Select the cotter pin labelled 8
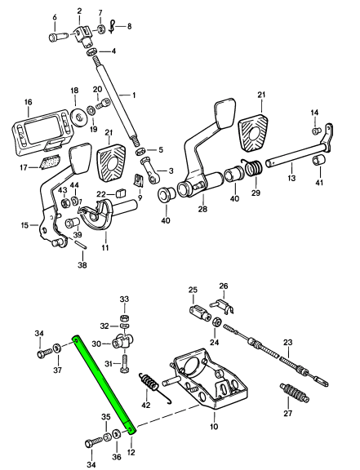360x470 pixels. click(x=112, y=27)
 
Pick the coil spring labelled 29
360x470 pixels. click(x=254, y=167)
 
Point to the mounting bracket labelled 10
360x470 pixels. click(x=210, y=379)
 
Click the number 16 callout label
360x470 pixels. click(x=28, y=102)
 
